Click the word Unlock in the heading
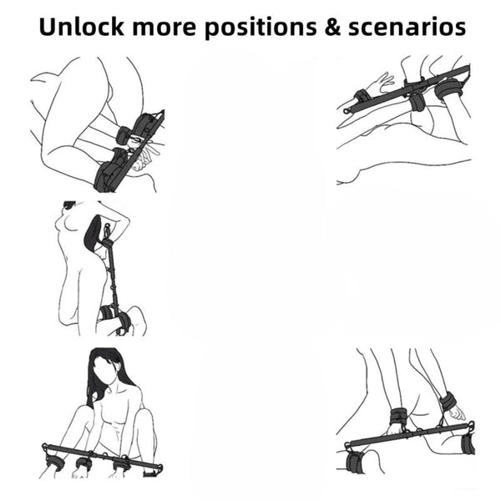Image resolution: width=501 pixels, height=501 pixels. coord(81,27)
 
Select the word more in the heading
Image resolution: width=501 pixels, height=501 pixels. coord(164,28)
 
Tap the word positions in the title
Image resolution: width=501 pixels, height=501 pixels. coord(261,28)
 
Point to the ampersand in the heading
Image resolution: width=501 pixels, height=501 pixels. coord(332,27)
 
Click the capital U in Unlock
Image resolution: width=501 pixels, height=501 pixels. coord(47,27)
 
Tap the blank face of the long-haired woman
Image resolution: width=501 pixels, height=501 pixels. coord(106,371)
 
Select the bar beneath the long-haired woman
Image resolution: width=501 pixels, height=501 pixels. coord(102,456)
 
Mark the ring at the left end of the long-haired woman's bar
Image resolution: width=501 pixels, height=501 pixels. coord(44,446)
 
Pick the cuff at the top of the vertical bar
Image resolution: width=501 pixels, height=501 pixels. coord(108,244)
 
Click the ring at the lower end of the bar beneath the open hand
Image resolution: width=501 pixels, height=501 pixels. coord(347,111)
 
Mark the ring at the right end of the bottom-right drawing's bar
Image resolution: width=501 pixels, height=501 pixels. coord(471,424)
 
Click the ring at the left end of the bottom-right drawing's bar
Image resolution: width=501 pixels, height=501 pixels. coord(347,445)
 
